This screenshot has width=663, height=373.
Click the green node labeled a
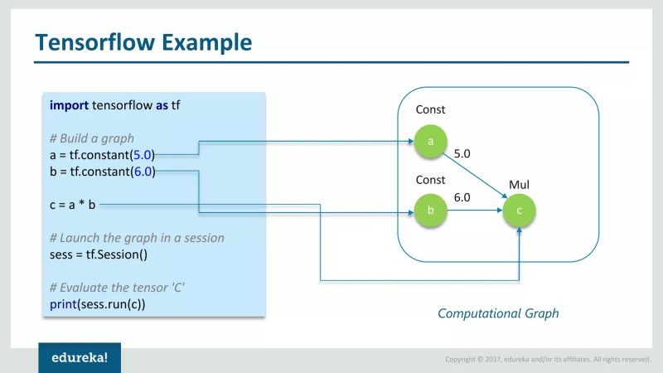point(430,141)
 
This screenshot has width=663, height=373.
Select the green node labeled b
point(430,211)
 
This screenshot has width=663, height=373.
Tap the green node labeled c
point(520,211)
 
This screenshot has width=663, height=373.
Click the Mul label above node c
point(519,184)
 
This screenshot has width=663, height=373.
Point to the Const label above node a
point(430,109)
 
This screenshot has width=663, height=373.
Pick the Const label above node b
point(430,180)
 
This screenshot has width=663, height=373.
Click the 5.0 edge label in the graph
point(462,154)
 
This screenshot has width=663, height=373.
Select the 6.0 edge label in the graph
point(462,197)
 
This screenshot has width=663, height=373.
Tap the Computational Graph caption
point(498,313)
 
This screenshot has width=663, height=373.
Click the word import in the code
point(69,105)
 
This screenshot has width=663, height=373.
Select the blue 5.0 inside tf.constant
point(143,154)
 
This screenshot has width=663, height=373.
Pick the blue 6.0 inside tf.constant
point(143,172)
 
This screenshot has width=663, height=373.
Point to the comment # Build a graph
point(91,138)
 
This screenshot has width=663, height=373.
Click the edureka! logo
point(80,358)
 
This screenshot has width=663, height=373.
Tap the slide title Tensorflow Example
point(143,41)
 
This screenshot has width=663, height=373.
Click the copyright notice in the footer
point(548,359)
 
